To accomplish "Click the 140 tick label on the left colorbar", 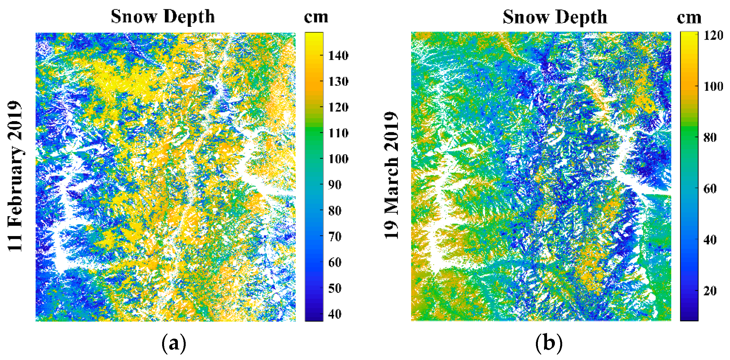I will [x=338, y=55].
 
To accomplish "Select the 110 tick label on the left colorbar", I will [x=338, y=133].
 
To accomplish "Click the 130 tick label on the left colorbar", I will [x=338, y=82].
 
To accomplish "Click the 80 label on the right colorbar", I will [x=710, y=138].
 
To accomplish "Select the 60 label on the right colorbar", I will [x=710, y=189].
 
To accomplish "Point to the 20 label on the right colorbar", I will [x=710, y=290].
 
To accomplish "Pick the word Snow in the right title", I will [x=524, y=17].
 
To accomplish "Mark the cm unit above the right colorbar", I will [x=689, y=18].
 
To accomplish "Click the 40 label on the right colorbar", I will [x=710, y=240].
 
